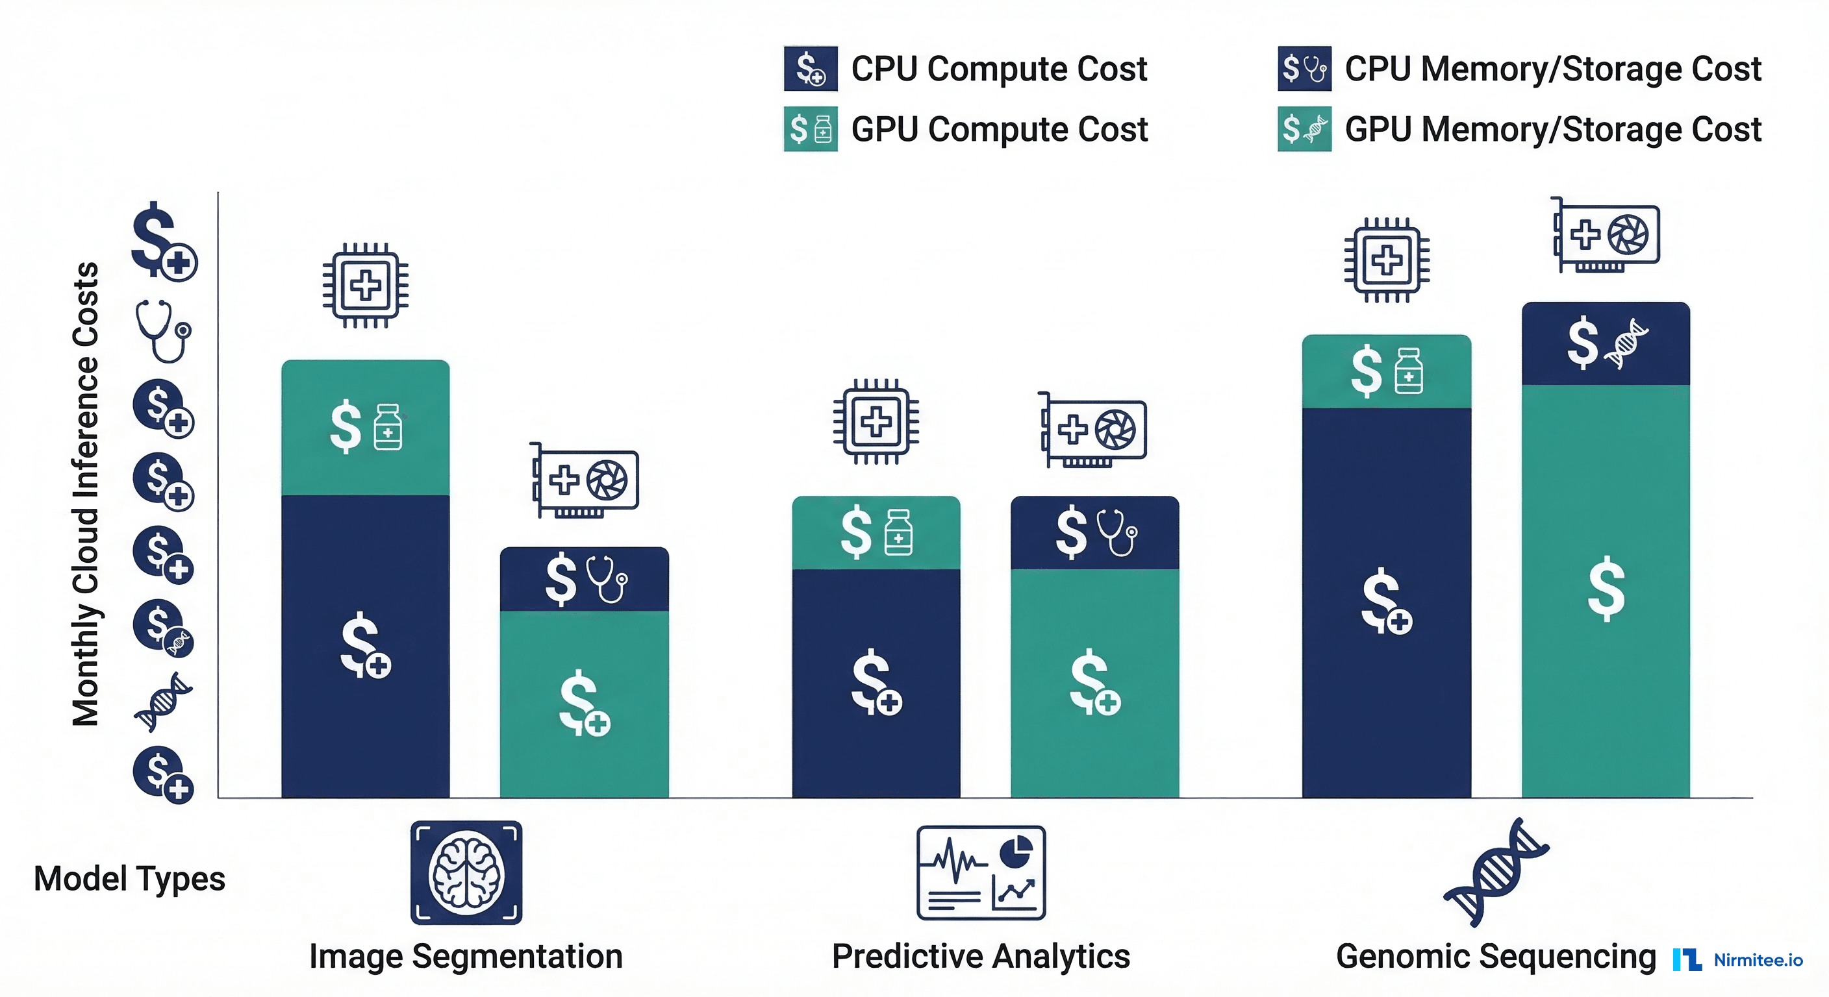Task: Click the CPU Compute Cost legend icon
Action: (x=810, y=69)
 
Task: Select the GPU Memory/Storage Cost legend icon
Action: (x=1304, y=129)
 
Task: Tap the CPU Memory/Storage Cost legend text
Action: (x=1553, y=69)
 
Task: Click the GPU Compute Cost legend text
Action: (x=999, y=129)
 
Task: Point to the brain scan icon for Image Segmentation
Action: (x=466, y=872)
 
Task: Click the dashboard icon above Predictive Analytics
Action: (x=981, y=872)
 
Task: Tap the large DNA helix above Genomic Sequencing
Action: (x=1496, y=872)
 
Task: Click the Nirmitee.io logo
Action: (x=1737, y=959)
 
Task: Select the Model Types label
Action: (x=129, y=878)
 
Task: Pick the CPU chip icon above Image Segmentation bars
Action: (x=365, y=285)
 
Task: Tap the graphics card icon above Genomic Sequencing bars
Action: (x=1606, y=235)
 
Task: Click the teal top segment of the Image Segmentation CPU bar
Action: (x=365, y=428)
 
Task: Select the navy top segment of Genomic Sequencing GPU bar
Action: (x=1606, y=343)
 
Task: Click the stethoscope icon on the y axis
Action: (x=163, y=330)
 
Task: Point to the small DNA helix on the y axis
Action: (x=163, y=701)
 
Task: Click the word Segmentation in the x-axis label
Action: (x=517, y=956)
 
